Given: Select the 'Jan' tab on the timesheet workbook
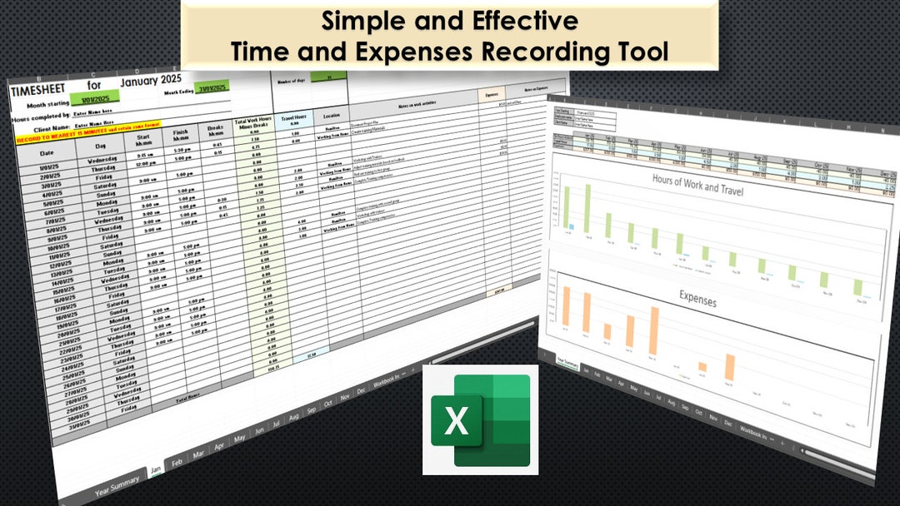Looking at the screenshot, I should [x=155, y=470].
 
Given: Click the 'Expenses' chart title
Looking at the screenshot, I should [x=698, y=298].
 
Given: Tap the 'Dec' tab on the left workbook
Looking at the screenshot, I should [x=360, y=390].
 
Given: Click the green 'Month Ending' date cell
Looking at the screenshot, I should [x=214, y=88].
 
